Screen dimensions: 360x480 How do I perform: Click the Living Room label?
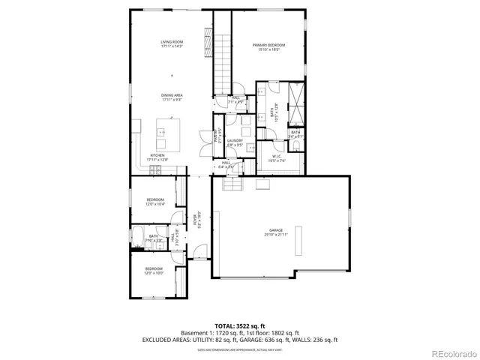172,43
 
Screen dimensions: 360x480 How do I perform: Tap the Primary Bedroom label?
268,48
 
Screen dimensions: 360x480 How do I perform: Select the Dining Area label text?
172,97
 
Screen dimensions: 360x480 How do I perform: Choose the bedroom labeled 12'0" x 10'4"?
154,201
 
